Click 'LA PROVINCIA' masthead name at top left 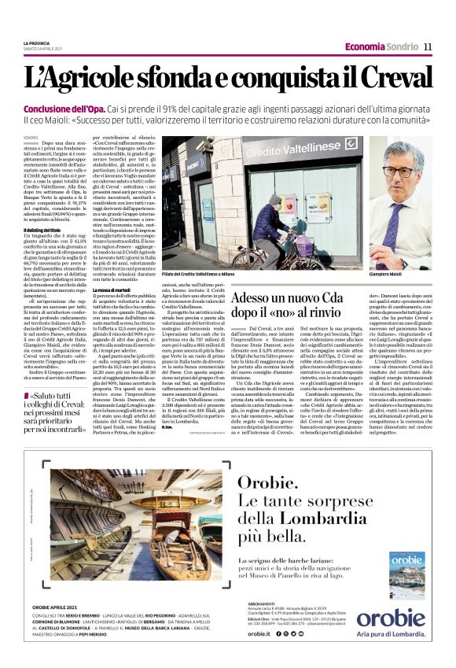(37, 43)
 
